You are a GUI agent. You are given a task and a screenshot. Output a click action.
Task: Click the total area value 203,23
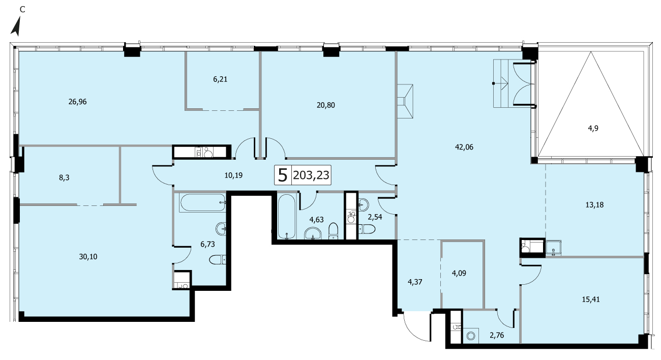coord(311,175)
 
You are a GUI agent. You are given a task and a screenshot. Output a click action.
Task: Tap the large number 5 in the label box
coord(283,175)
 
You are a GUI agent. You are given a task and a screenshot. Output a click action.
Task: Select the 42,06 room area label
coord(464,147)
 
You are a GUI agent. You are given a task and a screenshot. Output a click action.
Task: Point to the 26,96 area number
coord(78,102)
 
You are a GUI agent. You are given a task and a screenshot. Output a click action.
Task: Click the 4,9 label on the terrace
coord(593,128)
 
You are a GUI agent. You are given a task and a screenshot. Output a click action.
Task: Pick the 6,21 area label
coord(220,79)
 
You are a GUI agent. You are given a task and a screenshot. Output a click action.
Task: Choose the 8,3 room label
coord(64,177)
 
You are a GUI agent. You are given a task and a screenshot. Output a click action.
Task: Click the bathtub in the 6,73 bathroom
coord(202,202)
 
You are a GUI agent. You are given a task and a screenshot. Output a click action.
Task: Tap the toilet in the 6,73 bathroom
coord(218,260)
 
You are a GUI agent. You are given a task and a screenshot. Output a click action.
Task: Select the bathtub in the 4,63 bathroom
coord(287,216)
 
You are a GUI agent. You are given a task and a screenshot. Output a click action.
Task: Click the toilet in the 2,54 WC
coord(367,229)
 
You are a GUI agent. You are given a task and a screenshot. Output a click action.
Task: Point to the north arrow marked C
coord(16,26)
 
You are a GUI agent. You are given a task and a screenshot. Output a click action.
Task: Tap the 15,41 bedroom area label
coord(591,299)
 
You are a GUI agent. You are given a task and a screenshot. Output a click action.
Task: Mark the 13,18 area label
coord(594,205)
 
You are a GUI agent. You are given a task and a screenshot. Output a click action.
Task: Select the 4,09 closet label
coord(459,273)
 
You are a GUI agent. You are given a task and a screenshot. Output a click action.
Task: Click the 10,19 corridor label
coord(233,175)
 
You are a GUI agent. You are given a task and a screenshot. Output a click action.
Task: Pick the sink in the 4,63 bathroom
coord(313,233)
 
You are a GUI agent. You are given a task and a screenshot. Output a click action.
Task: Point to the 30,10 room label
coord(88,257)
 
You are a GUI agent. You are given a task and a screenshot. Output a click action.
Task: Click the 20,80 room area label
coord(326,105)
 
